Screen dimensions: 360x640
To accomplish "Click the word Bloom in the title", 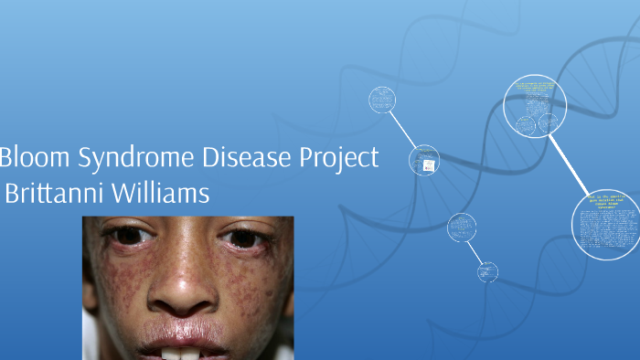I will pos(31,158).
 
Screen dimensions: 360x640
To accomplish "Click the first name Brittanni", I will pos(57,194).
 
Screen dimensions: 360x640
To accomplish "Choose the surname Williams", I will pos(161,194).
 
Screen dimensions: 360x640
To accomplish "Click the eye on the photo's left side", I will pos(129,236).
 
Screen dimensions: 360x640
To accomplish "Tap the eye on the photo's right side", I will pos(241,237).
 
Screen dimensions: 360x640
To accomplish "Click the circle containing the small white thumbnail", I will pos(424,161).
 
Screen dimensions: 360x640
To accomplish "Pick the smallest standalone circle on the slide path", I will pos(488,270).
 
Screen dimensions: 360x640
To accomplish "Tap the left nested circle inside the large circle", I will pos(525,124).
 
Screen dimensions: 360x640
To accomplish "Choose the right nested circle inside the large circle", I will pos(549,123).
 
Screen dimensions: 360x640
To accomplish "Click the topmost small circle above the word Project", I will pos(382,100).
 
